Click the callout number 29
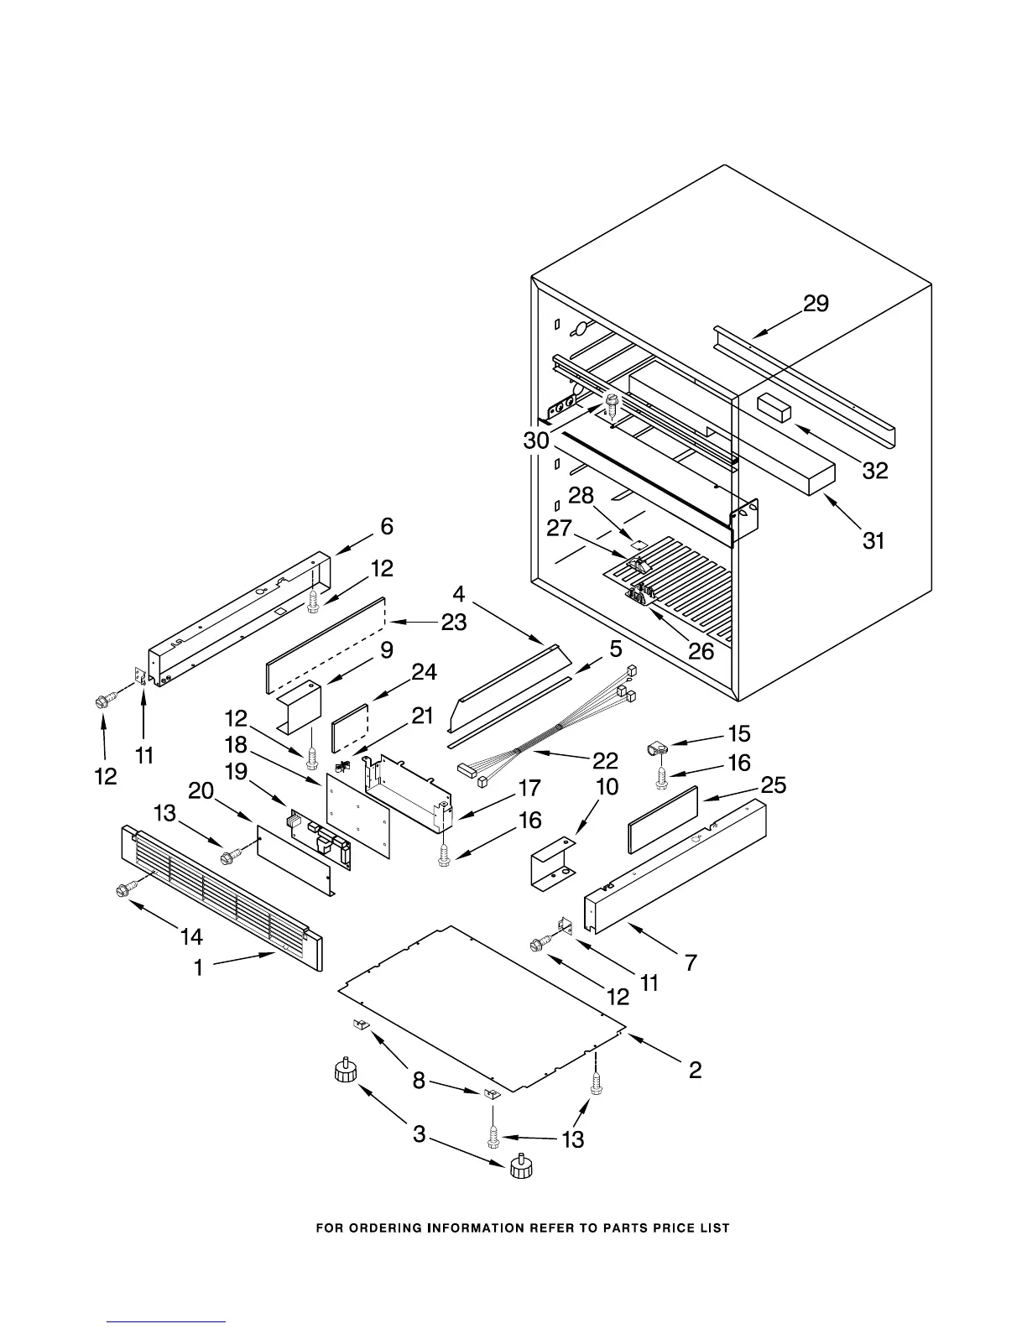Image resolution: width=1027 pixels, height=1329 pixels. point(816,304)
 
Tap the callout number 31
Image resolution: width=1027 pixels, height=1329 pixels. point(873,541)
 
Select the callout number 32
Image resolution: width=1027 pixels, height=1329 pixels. point(874,471)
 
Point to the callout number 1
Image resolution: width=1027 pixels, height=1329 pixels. point(199,967)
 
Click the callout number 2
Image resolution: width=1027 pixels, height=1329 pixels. point(695,1070)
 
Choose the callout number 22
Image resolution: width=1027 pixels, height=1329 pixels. point(605,760)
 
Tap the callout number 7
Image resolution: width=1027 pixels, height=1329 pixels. point(691,962)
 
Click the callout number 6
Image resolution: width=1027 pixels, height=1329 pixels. point(386,526)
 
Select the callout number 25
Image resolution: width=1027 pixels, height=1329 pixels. point(773,785)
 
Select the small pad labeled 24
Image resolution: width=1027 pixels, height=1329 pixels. point(351,727)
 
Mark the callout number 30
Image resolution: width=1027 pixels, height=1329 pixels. point(537,440)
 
